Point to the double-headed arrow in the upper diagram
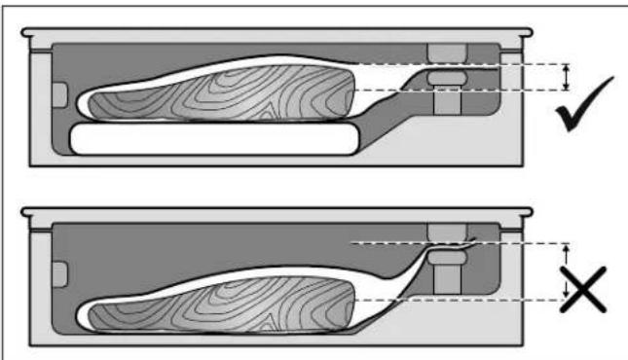567,77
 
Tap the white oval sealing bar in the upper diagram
448,75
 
